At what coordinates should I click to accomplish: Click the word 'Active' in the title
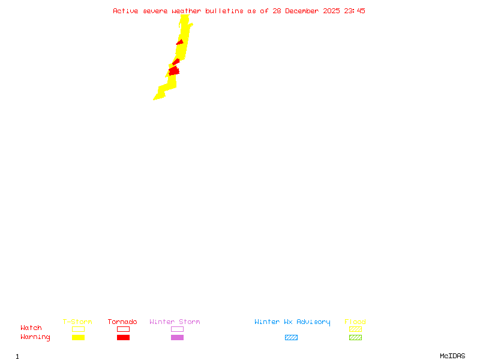click(126, 11)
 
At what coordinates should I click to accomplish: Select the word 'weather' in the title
click(187, 11)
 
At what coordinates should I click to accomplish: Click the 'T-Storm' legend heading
click(77, 322)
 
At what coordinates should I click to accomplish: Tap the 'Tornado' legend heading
click(122, 322)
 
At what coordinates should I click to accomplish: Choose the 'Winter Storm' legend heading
click(175, 322)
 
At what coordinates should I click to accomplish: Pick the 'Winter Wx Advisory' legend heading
click(292, 322)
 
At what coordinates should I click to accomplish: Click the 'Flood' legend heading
click(355, 322)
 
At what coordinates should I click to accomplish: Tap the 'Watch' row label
click(31, 328)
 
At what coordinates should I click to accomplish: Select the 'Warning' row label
click(35, 337)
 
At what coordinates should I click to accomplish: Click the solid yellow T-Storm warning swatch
click(78, 338)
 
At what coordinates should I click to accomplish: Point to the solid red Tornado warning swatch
click(123, 338)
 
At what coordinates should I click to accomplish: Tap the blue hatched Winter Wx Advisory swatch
click(291, 338)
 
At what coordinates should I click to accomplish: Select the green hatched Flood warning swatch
click(355, 338)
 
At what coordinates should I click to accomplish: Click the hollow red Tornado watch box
click(123, 329)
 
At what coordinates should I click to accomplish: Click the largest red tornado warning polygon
click(174, 71)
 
